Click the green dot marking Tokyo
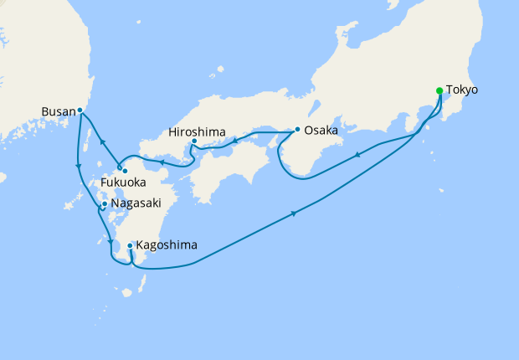click(x=439, y=90)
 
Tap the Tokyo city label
click(x=462, y=90)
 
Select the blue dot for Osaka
click(x=297, y=129)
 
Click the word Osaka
click(x=321, y=131)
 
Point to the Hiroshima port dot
click(x=194, y=141)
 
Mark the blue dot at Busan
click(x=80, y=110)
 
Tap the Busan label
click(x=58, y=110)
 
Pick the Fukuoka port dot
click(x=125, y=171)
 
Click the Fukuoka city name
click(x=124, y=182)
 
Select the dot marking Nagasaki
click(x=104, y=203)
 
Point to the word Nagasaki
click(x=136, y=203)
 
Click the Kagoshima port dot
click(x=130, y=245)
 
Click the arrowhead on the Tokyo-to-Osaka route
click(x=358, y=153)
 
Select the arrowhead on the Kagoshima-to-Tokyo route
click(x=295, y=214)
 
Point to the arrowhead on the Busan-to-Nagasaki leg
click(x=78, y=166)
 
